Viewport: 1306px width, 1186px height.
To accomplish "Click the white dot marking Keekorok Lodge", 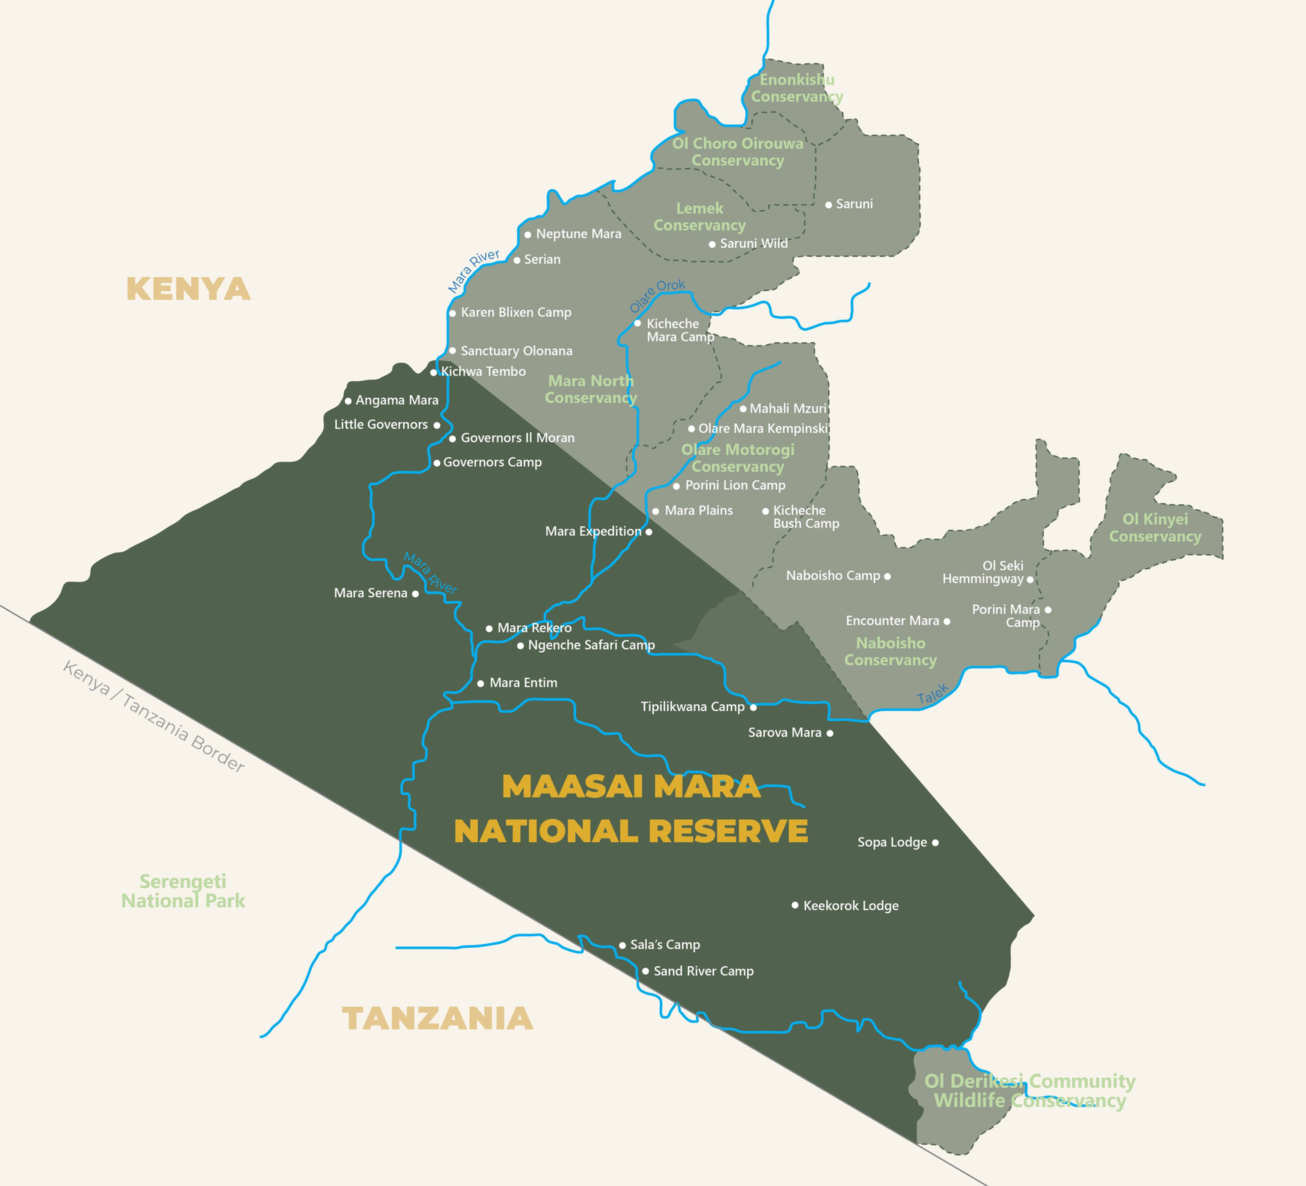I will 795,905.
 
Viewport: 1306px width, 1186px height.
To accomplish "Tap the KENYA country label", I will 188,289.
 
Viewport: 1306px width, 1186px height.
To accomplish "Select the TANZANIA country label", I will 437,1018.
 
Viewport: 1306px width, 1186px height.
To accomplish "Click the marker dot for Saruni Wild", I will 712,244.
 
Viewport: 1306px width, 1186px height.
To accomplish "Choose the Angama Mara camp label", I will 396,400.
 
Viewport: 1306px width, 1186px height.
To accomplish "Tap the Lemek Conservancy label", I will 700,216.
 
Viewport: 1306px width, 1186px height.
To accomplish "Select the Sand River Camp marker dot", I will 645,971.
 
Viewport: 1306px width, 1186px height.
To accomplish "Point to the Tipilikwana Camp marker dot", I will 753,707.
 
